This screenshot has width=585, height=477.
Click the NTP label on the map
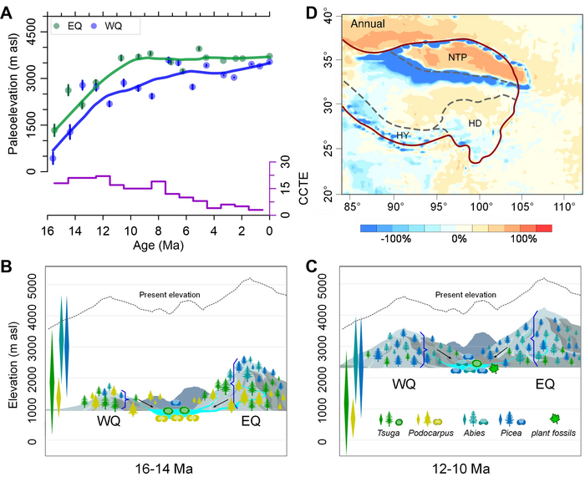click(457, 58)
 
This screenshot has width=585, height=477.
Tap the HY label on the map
click(403, 134)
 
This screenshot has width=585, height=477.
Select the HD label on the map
click(475, 123)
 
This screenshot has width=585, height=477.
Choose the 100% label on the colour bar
click(523, 238)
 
